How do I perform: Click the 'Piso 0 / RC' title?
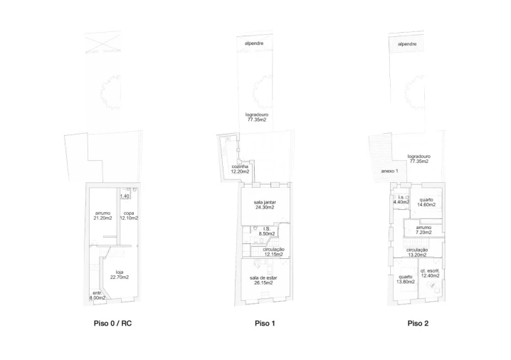click(112, 323)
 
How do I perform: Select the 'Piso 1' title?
click(265, 323)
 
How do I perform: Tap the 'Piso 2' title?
click(418, 323)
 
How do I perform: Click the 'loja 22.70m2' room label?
click(120, 275)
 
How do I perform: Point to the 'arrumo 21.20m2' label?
click(102, 216)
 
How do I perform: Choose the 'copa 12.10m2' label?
click(129, 216)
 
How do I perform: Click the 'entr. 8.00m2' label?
click(98, 295)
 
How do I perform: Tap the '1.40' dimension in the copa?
click(125, 196)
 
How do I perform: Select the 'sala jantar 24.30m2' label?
click(265, 205)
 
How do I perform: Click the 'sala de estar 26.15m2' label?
click(263, 280)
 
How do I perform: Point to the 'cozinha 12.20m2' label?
click(240, 169)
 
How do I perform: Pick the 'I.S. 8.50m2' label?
click(267, 231)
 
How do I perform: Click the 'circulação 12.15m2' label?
click(274, 252)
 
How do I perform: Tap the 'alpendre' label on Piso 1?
click(254, 43)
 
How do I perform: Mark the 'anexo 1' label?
click(389, 171)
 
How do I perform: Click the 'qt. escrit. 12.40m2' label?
click(430, 273)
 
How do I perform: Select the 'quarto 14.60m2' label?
click(426, 202)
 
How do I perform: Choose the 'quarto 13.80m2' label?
click(406, 279)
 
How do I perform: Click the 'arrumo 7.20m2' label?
click(423, 230)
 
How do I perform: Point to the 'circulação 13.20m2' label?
click(417, 252)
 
